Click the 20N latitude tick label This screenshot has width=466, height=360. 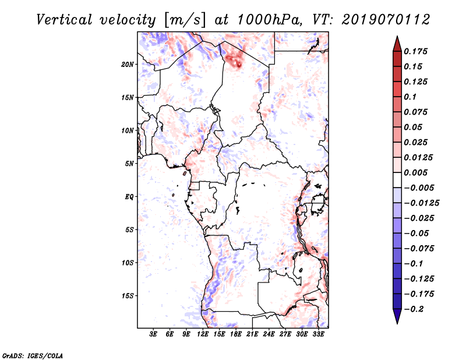(127, 64)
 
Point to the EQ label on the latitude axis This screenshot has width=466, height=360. (129, 196)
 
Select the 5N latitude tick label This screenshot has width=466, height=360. (129, 164)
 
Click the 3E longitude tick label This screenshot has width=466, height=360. (153, 334)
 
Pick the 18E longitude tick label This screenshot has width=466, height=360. (235, 334)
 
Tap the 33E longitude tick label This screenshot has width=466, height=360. (318, 334)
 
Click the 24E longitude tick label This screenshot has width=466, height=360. (269, 334)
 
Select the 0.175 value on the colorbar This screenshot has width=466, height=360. (415, 51)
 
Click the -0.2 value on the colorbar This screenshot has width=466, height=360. (414, 309)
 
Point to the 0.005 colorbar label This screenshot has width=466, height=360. (415, 172)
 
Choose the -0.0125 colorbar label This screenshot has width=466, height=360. (421, 203)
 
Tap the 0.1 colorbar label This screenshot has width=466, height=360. (410, 97)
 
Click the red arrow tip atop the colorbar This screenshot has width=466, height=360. (397, 36)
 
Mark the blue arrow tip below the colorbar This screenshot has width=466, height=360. (397, 323)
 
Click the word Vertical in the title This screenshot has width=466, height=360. (64, 20)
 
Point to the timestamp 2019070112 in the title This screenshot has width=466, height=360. (386, 20)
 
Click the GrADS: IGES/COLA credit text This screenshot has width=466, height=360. (33, 355)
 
